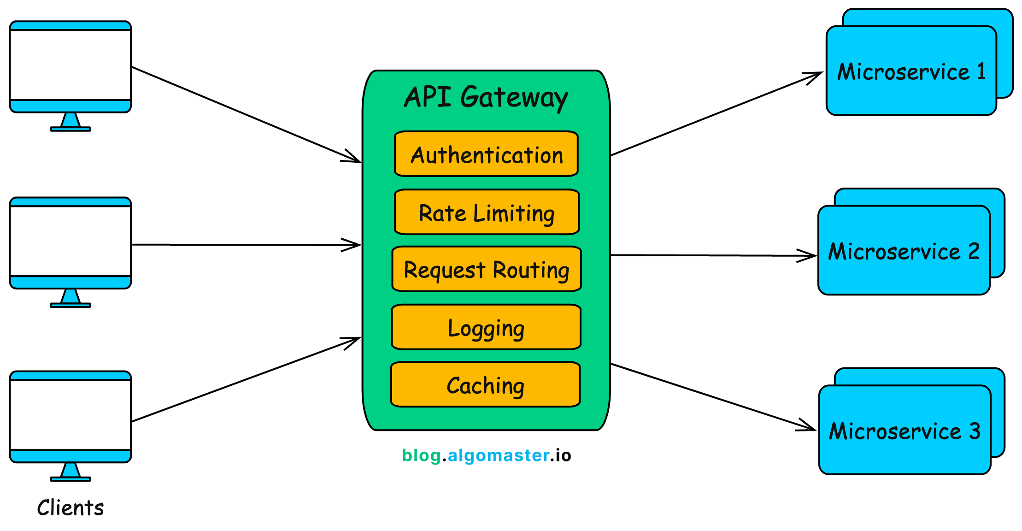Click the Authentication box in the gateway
486,154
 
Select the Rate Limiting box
487,212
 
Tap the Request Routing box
487,270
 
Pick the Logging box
486,328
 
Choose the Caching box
485,385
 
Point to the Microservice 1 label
911,72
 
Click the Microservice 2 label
904,252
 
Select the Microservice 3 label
905,431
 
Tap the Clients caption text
70,508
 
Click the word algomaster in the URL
498,455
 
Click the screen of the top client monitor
70,65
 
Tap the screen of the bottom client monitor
70,415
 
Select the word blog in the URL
421,455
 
